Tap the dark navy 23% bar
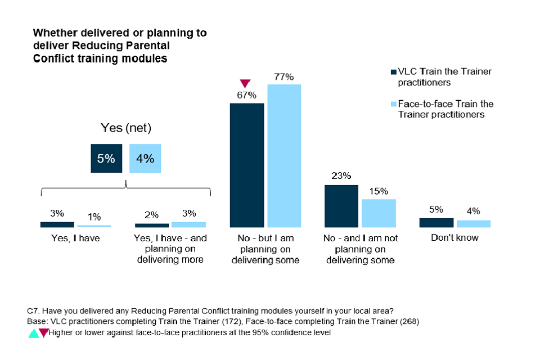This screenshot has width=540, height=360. (341, 206)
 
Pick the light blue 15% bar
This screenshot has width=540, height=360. (379, 213)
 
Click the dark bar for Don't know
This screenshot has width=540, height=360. (436, 223)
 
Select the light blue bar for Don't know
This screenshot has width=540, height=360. (473, 224)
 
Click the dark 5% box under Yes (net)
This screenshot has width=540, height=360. (106, 159)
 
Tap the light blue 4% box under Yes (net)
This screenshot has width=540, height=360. (145, 159)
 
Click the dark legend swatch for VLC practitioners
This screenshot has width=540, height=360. (393, 72)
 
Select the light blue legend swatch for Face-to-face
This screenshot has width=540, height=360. (393, 104)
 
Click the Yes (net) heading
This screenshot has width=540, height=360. (126, 128)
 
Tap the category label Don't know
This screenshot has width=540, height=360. (454, 237)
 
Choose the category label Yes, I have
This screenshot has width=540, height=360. (75, 238)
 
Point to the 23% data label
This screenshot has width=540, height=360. (341, 175)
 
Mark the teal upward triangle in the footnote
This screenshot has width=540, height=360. (34, 333)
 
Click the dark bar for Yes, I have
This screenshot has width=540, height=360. (57, 224)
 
